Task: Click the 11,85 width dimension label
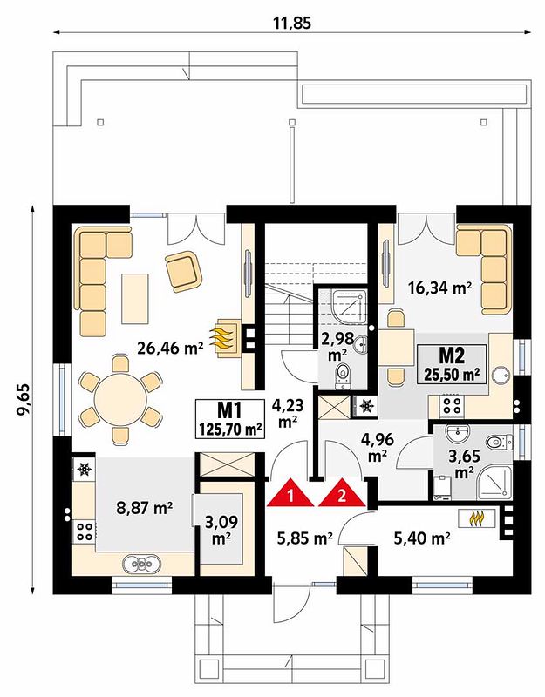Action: click(292, 23)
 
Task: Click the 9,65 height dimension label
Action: click(23, 399)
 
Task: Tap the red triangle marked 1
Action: click(291, 493)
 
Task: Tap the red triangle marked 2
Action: click(342, 493)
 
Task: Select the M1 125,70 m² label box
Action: click(229, 419)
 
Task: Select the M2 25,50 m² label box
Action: click(451, 364)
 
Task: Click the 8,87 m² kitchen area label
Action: click(145, 508)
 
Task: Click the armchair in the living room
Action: click(183, 271)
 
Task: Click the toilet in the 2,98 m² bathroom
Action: click(342, 374)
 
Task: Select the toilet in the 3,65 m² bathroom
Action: click(497, 443)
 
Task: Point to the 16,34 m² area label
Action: click(439, 288)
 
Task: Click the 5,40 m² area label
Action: click(421, 539)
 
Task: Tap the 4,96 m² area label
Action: click(376, 447)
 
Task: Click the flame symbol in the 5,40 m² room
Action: click(477, 518)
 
